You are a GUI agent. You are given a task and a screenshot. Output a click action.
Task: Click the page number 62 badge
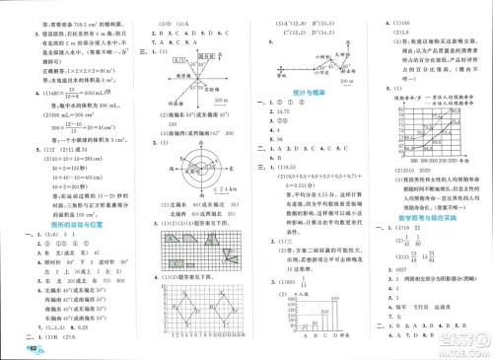click(13, 349)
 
